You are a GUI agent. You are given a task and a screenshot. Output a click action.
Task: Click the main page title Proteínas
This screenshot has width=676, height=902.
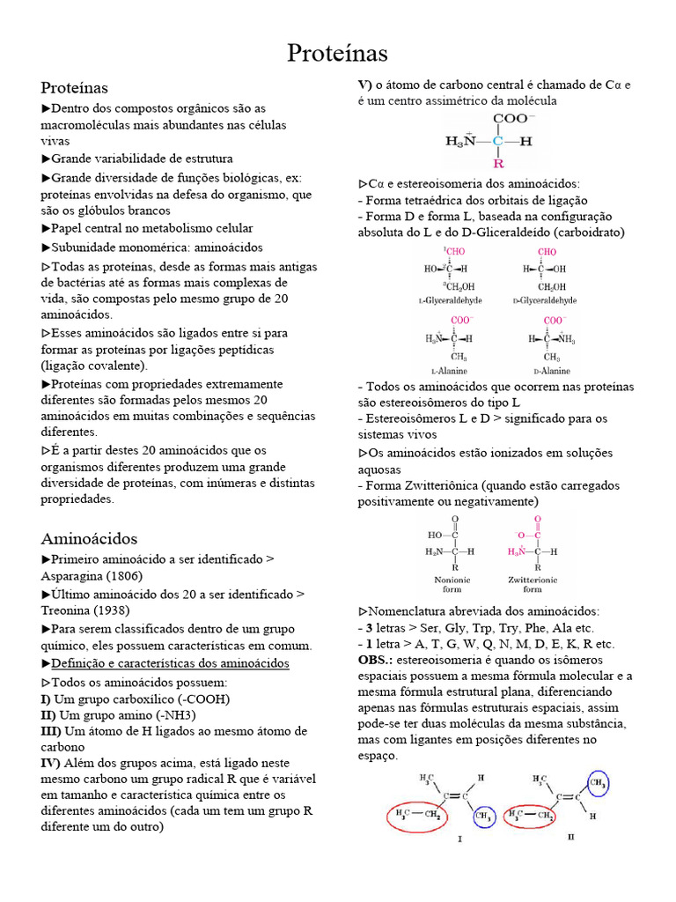pos(338,54)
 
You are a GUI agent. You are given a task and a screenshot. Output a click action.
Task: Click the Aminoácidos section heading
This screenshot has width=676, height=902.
pos(89,538)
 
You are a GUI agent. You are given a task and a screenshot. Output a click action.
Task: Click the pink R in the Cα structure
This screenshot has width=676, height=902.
pos(498,164)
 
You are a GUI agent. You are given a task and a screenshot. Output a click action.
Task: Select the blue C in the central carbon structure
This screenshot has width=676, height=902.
pos(498,141)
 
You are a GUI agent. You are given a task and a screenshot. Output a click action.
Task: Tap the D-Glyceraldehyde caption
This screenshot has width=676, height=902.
pos(545,300)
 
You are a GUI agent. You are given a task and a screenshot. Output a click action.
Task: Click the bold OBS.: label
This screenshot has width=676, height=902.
pos(375,659)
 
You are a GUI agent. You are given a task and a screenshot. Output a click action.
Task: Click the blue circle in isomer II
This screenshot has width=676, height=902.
pos(598,783)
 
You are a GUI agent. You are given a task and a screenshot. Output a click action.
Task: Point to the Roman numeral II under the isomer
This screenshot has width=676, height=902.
pos(570,837)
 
